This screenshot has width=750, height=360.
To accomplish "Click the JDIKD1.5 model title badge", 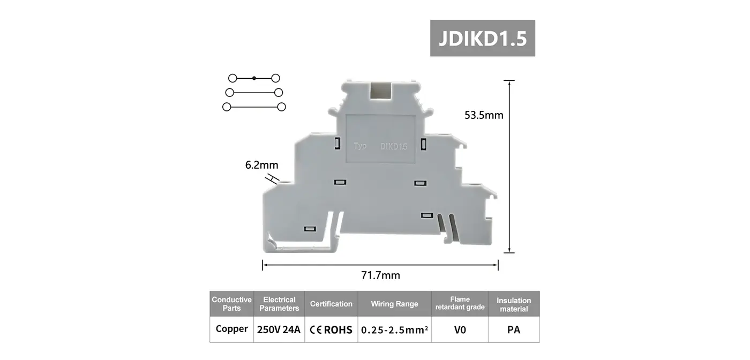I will (482, 38).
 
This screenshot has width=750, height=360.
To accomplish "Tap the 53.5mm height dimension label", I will (484, 115).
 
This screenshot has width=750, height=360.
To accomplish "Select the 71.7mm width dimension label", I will (380, 275).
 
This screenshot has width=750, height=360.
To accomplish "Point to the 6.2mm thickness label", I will (262, 165).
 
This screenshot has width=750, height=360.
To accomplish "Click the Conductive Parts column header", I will (231, 304).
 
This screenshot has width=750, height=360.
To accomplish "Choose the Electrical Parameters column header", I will (279, 304).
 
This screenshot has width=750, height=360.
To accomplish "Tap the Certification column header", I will (331, 304).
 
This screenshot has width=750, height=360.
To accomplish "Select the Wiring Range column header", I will (394, 304).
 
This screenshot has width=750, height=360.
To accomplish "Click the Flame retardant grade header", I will (460, 303).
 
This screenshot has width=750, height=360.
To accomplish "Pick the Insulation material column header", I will (513, 304).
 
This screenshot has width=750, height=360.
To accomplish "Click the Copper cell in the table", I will (231, 329).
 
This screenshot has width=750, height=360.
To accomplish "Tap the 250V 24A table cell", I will (279, 329).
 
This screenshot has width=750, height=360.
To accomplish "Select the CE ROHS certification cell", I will (331, 329).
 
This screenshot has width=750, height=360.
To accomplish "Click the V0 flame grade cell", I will (460, 329).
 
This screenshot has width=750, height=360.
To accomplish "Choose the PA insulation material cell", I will (513, 329).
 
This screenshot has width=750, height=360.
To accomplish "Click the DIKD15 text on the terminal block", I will (394, 146).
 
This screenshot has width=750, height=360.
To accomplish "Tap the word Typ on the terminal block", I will (360, 146).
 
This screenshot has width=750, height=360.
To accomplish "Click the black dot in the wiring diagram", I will (254, 78).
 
